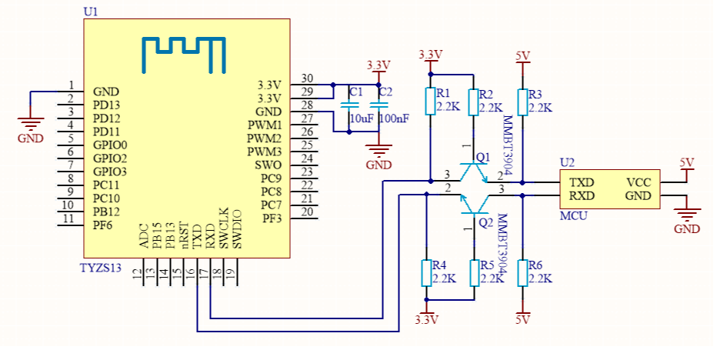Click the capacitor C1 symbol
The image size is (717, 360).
coord(349,103)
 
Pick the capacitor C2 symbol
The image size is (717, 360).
coord(378,103)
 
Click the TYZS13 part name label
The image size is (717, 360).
coord(100,268)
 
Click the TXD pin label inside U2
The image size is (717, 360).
coord(581,182)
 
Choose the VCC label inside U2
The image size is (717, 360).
coord(639,182)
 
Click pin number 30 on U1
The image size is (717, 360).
coord(307,78)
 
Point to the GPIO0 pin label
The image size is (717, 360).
coord(110,145)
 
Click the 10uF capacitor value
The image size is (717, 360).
coord(362,118)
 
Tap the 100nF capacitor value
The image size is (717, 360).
coord(393,118)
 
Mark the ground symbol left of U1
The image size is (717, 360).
coord(30,123)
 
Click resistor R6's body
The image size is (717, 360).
coord(523,273)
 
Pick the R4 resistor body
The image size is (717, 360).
coord(426,273)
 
